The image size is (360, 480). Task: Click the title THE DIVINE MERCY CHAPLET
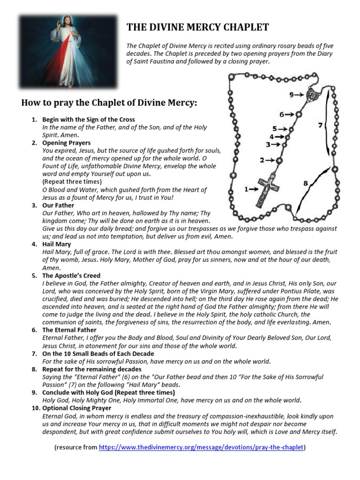click(x=197, y=27)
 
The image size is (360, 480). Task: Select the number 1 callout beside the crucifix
click(x=247, y=189)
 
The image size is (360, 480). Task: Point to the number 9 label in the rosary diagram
click(x=292, y=95)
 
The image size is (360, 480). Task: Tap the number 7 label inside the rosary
click(x=320, y=125)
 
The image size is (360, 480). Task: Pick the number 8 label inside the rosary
click(x=306, y=184)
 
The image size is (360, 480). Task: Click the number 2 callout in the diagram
click(x=262, y=160)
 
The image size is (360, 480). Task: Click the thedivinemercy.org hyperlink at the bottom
click(x=201, y=448)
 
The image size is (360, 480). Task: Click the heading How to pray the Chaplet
click(x=109, y=103)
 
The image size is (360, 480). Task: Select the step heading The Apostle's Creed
click(x=71, y=276)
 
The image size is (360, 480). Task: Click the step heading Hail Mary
click(x=56, y=244)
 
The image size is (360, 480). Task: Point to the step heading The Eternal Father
click(x=69, y=330)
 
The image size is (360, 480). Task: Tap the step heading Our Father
click(x=58, y=205)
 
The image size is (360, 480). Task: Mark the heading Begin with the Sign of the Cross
click(x=88, y=120)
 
